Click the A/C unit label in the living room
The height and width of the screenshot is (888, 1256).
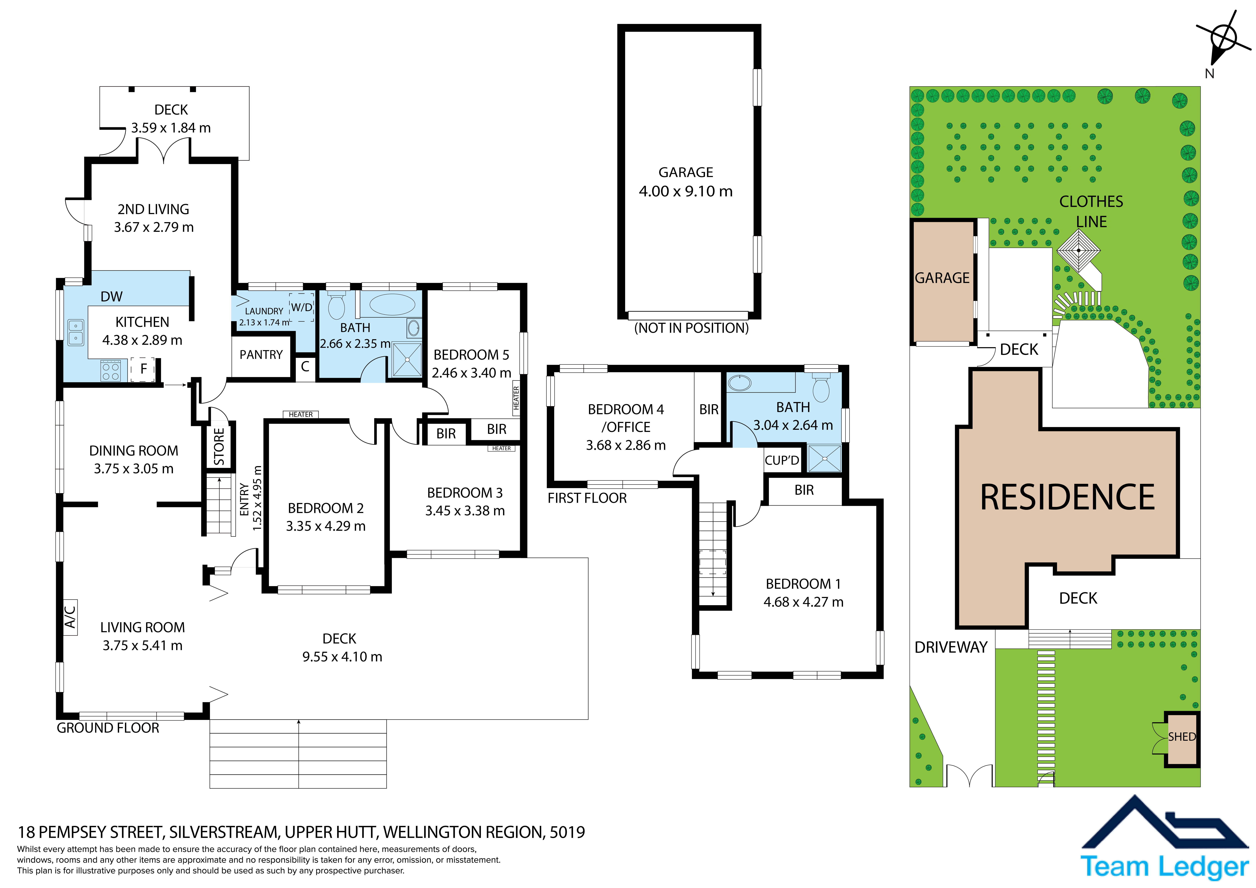click(x=70, y=617)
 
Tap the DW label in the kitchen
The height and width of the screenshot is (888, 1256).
click(x=112, y=297)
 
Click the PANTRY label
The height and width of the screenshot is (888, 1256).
click(x=261, y=355)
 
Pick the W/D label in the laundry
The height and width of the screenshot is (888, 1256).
click(x=301, y=308)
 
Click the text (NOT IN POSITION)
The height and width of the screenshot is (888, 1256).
click(x=691, y=328)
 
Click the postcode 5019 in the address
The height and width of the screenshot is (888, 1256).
click(x=567, y=832)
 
